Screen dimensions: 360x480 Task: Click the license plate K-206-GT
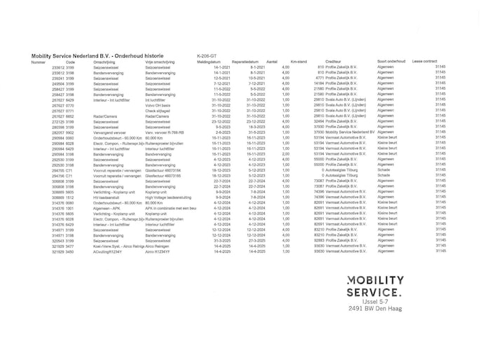[207, 55]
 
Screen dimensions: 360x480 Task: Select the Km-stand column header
[298, 62]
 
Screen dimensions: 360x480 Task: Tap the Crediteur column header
[334, 62]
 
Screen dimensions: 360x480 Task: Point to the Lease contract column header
[427, 62]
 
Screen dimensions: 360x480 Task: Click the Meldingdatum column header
[208, 62]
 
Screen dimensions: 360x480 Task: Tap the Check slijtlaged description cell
[159, 111]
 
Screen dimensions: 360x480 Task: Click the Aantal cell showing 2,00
[285, 153]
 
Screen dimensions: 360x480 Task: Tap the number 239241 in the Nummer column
[59, 78]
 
